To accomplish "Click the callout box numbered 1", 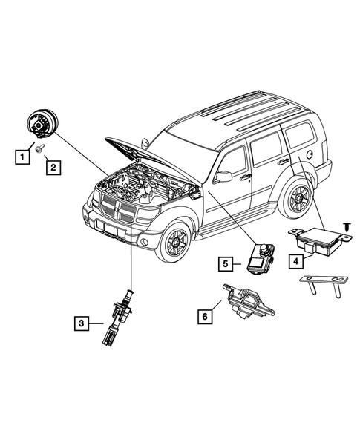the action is [22, 157].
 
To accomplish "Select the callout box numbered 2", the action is [53, 168].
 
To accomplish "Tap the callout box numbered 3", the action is [82, 323].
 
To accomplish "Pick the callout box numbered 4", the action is [296, 261].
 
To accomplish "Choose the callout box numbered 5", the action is [226, 263].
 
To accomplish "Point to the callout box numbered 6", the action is [205, 317].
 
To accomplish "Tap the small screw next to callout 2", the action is [40, 148].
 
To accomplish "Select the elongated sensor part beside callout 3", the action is [119, 317].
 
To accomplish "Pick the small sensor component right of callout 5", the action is [261, 258].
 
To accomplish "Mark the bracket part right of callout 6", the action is [247, 303].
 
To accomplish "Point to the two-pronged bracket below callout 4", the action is [324, 286].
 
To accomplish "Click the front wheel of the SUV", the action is [174, 241].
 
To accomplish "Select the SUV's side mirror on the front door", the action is [223, 176].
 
